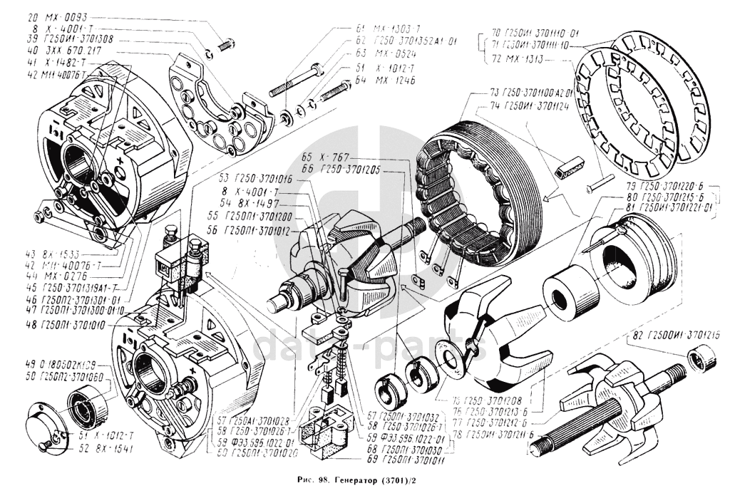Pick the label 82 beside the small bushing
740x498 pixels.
660,333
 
